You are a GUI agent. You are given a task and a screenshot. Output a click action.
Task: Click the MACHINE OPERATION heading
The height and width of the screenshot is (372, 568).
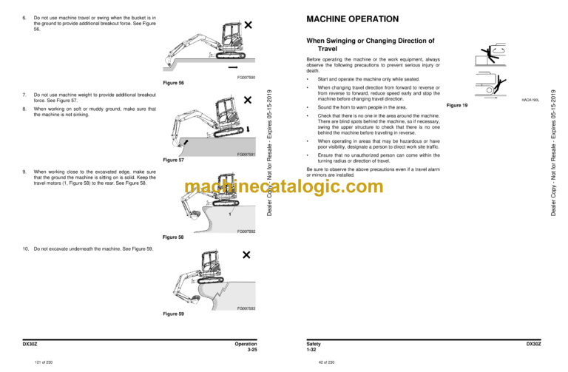[x=353, y=18]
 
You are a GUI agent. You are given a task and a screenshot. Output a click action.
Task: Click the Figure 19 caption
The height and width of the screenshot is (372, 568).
[x=458, y=106]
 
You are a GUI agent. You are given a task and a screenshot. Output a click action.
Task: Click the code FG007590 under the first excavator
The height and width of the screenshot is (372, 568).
[x=246, y=76]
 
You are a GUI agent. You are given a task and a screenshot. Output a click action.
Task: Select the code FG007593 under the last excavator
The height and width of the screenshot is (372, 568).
[x=246, y=307]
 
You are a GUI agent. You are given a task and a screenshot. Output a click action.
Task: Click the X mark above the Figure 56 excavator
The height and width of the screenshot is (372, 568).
[x=248, y=25]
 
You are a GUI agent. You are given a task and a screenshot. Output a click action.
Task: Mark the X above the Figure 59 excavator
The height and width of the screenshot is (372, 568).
[x=246, y=255]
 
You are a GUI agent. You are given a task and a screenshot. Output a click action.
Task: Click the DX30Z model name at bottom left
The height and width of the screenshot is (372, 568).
[x=31, y=344]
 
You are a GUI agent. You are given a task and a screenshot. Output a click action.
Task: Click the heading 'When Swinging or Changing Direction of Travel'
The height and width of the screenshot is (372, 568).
[x=370, y=44]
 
